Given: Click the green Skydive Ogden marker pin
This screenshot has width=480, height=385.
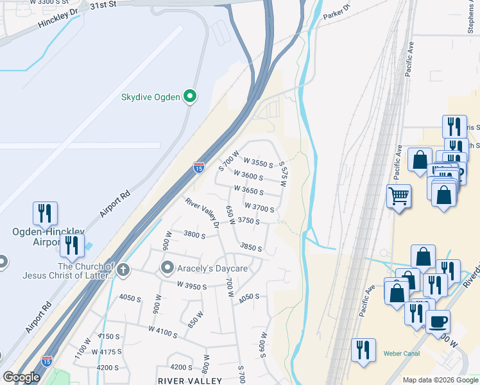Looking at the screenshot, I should (x=190, y=97).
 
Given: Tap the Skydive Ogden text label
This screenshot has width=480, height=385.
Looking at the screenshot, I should (x=151, y=98).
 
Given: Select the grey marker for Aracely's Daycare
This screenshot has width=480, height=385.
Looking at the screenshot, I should (x=168, y=267).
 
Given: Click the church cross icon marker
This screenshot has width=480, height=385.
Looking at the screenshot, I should (x=123, y=269).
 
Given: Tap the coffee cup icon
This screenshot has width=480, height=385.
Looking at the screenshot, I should (x=438, y=322).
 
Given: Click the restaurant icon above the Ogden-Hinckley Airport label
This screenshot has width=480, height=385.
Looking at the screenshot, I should (x=45, y=213).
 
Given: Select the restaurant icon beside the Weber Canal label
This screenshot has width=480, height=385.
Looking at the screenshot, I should (x=364, y=350).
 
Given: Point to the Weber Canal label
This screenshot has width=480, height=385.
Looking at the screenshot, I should (x=401, y=354).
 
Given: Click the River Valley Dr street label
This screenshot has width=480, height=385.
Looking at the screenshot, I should (x=203, y=212).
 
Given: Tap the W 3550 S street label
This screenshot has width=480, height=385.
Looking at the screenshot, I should (x=258, y=164).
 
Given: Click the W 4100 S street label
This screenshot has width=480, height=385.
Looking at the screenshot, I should (x=163, y=330).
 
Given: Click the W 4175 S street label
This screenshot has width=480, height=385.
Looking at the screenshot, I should (x=107, y=352).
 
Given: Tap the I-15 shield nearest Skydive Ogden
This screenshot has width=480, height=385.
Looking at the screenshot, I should (x=199, y=167).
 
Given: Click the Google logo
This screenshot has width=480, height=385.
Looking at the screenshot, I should (x=21, y=377).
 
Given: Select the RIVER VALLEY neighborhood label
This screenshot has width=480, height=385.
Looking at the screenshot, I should (x=190, y=381).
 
